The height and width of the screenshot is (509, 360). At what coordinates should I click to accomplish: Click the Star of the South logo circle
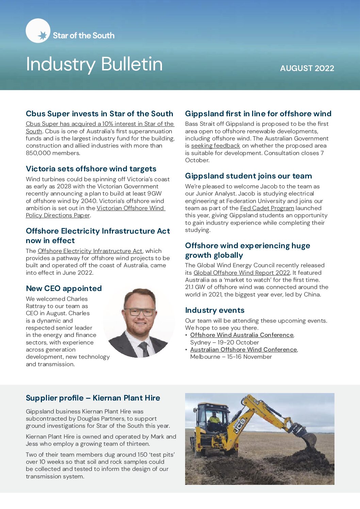(x=38, y=31)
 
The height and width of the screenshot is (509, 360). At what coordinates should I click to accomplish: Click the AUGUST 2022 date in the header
(x=307, y=68)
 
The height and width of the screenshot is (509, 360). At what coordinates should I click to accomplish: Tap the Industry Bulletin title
(x=94, y=64)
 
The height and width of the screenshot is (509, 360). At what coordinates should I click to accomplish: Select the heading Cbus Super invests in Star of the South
(x=99, y=114)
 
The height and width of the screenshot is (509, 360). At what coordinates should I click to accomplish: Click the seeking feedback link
(x=215, y=146)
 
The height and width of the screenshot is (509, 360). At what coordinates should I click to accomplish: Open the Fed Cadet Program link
(x=267, y=208)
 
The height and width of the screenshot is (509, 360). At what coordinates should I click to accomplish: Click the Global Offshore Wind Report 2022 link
(x=242, y=273)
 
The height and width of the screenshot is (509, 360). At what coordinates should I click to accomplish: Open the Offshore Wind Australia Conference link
(x=242, y=335)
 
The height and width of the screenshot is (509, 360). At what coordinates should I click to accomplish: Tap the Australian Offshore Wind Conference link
(x=243, y=350)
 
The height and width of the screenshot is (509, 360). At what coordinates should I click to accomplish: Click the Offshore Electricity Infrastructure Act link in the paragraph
(x=90, y=251)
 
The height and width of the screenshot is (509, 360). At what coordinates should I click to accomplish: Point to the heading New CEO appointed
(x=64, y=288)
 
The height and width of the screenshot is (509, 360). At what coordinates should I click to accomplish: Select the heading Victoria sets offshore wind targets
(x=91, y=169)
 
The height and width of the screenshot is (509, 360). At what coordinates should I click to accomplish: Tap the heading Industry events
(x=215, y=310)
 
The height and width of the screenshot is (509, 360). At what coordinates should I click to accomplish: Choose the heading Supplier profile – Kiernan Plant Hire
(x=93, y=398)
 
